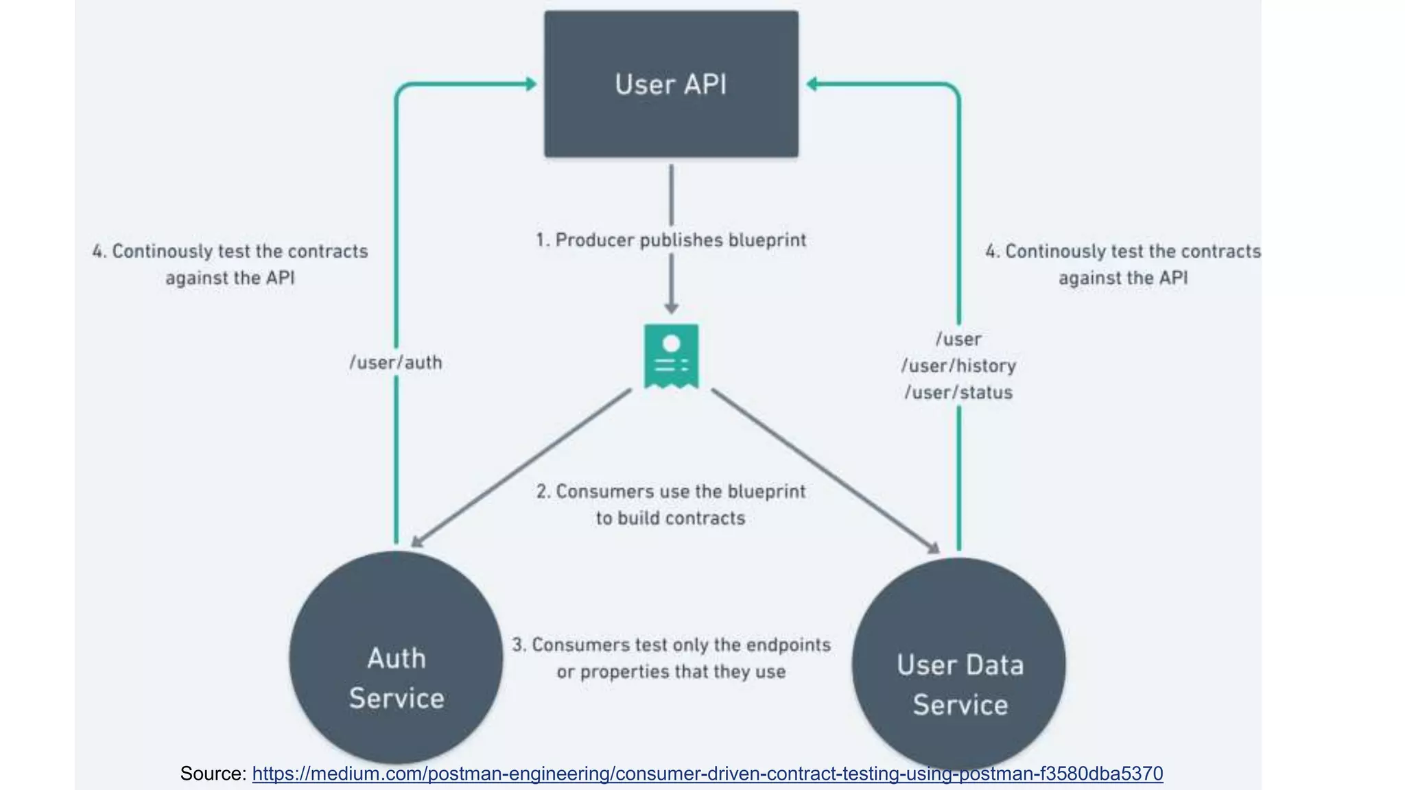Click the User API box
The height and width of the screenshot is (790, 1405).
pos(671,84)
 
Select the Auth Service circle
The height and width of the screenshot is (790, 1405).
pos(396,658)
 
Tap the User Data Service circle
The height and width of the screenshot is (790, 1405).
pos(959,664)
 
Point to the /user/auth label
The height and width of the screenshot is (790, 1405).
pos(396,362)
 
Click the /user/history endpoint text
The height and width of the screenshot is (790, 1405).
pos(958,366)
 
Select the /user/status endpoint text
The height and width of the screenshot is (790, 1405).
pos(958,392)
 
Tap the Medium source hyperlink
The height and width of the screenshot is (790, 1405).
pos(707,774)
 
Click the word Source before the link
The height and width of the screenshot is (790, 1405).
pos(212,774)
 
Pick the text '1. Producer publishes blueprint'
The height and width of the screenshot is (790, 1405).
pos(671,240)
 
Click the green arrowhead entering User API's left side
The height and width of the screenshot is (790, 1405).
pos(531,84)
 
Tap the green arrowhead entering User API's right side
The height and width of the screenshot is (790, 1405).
pos(812,84)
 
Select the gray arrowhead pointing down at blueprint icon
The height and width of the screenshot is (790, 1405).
pos(671,308)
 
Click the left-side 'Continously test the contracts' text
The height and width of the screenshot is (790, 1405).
pos(239,251)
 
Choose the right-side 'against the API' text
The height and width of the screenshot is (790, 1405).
pos(1122,278)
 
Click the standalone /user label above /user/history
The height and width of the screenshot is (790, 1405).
pos(958,339)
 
